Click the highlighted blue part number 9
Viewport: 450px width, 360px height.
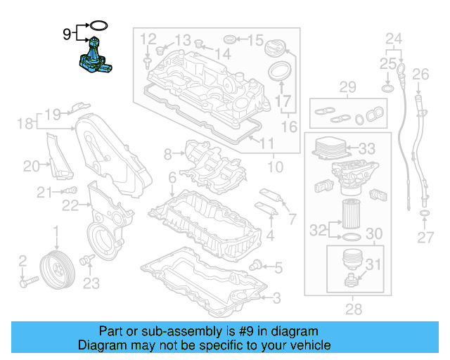96,56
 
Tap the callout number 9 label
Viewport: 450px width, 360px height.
67,33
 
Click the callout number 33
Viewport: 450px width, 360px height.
366,149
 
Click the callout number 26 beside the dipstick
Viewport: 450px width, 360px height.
420,75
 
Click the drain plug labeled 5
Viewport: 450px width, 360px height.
257,264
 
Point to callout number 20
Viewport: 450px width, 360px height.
32,166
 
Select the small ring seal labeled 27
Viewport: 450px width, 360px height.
425,212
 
